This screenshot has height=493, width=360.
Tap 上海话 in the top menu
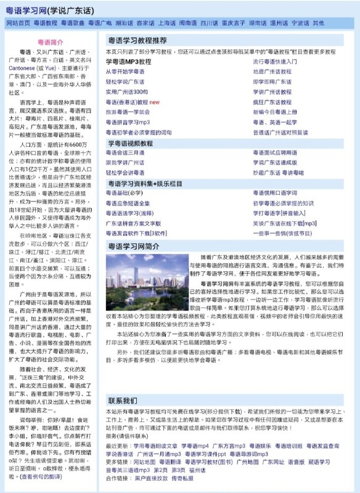pyautogui.click(x=167, y=23)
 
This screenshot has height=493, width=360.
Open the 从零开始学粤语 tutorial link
pyautogui.click(x=126, y=71)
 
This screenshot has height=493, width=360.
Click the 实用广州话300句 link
pyautogui.click(x=127, y=91)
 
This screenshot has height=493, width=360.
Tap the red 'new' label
pyautogui.click(x=154, y=101)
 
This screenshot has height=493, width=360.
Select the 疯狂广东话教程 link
pyautogui.click(x=272, y=101)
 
